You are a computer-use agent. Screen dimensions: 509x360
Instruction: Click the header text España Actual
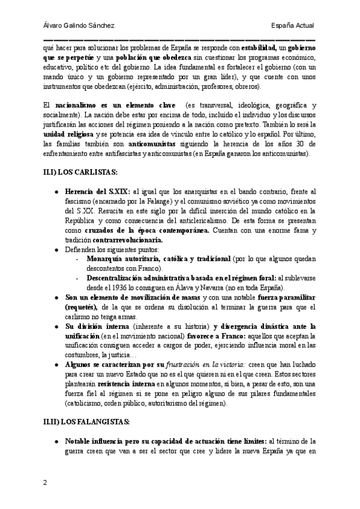point(293,25)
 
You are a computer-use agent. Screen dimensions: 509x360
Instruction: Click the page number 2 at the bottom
point(46,483)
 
